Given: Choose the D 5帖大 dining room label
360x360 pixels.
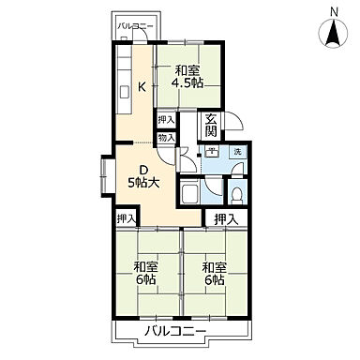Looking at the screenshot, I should click(144, 175).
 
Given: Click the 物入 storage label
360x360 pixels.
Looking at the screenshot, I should click(166, 138).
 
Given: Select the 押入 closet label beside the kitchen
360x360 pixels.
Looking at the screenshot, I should click(166, 120).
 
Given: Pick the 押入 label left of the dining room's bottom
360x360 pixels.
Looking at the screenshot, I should click(126, 218).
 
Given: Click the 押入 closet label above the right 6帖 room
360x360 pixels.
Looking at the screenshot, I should click(225, 218).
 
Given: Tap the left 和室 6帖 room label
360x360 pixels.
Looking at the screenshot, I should click(145, 272).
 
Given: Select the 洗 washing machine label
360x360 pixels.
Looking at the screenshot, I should click(238, 152).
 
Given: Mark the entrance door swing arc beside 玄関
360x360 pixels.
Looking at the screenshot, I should click(235, 123).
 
